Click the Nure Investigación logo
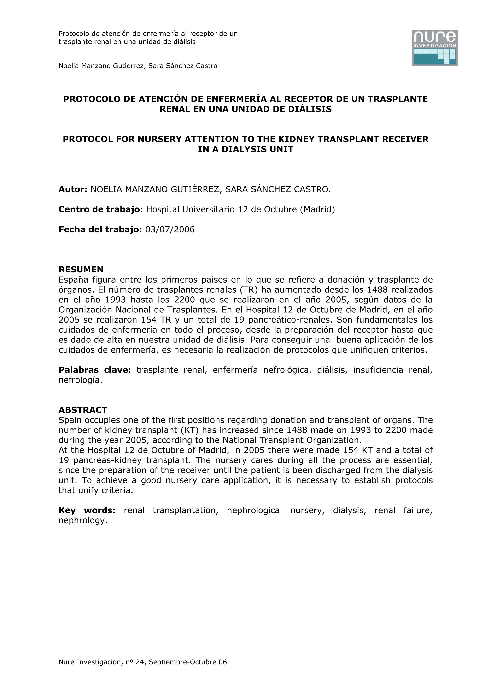[x=434, y=48]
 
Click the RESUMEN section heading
[x=81, y=269]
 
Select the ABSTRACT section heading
[x=82, y=410]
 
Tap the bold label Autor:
[x=73, y=189]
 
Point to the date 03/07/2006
[x=170, y=230]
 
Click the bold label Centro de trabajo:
[x=100, y=209]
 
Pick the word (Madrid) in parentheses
[x=317, y=209]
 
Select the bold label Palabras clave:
[x=94, y=370]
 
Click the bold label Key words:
[x=87, y=510]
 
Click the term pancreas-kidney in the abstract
[x=107, y=460]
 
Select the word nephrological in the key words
[x=254, y=510]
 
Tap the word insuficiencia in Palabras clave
[x=378, y=370]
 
